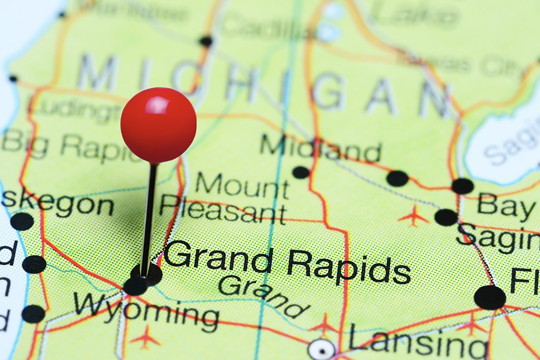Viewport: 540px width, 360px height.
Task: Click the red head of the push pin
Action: pyautogui.click(x=158, y=126)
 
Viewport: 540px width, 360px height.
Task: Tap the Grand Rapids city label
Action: pyautogui.click(x=287, y=264)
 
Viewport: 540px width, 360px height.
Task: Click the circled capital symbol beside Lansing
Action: pyautogui.click(x=322, y=349)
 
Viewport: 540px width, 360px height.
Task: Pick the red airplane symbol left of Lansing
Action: pyautogui.click(x=324, y=324)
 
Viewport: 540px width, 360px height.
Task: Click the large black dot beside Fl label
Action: pyautogui.click(x=489, y=297)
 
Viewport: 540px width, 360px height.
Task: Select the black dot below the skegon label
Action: pyautogui.click(x=22, y=221)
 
